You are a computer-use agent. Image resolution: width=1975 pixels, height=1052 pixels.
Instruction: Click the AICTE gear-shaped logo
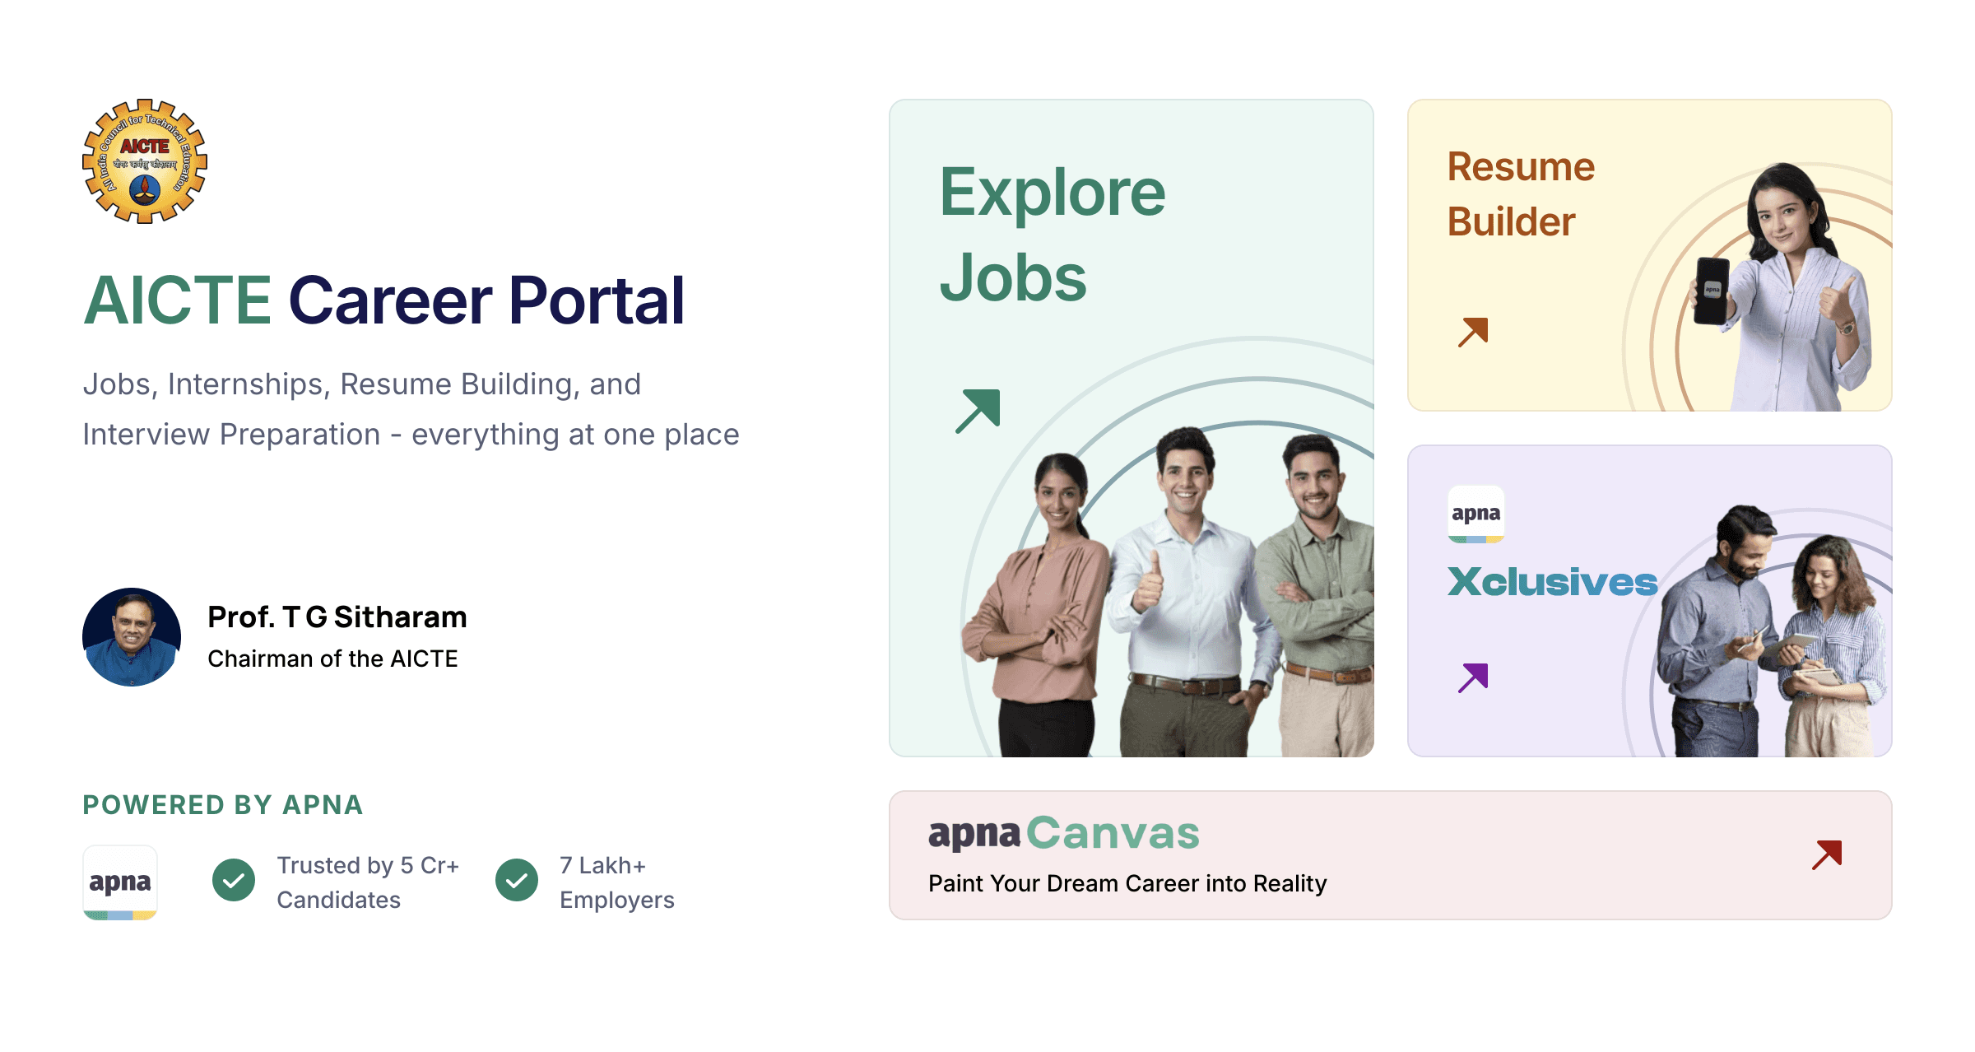(x=145, y=161)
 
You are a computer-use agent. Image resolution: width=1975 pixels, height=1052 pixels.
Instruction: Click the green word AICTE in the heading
(x=177, y=301)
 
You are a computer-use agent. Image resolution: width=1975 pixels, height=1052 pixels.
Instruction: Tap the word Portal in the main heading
(x=597, y=301)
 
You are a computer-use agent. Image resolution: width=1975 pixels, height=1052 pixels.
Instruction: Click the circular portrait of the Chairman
(x=132, y=637)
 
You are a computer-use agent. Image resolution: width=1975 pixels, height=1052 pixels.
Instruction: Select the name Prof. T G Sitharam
(x=337, y=617)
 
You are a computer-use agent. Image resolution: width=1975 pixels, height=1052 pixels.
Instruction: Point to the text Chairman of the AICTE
(x=332, y=659)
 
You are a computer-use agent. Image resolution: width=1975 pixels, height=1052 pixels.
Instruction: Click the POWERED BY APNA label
(x=222, y=805)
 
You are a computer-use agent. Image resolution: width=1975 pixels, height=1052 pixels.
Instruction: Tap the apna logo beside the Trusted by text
(x=120, y=882)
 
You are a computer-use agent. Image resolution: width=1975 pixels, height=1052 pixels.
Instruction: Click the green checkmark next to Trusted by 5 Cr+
(x=234, y=881)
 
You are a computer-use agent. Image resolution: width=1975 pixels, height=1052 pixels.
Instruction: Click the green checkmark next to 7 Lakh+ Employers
(x=517, y=881)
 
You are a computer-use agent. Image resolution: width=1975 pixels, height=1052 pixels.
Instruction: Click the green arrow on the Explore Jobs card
(x=978, y=411)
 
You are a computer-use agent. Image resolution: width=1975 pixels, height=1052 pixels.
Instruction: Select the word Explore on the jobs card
(x=1053, y=193)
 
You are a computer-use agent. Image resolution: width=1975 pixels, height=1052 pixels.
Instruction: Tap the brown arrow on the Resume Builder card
(x=1473, y=332)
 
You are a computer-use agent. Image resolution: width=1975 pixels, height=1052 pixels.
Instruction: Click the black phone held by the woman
(x=1712, y=291)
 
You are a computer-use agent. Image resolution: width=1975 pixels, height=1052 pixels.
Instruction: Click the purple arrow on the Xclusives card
(x=1473, y=677)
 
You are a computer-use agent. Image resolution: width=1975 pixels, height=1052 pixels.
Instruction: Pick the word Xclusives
(x=1552, y=582)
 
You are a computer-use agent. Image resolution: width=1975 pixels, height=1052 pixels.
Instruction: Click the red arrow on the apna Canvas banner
(x=1827, y=855)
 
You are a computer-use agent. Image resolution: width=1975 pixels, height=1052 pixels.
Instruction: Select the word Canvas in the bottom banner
(x=1113, y=833)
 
